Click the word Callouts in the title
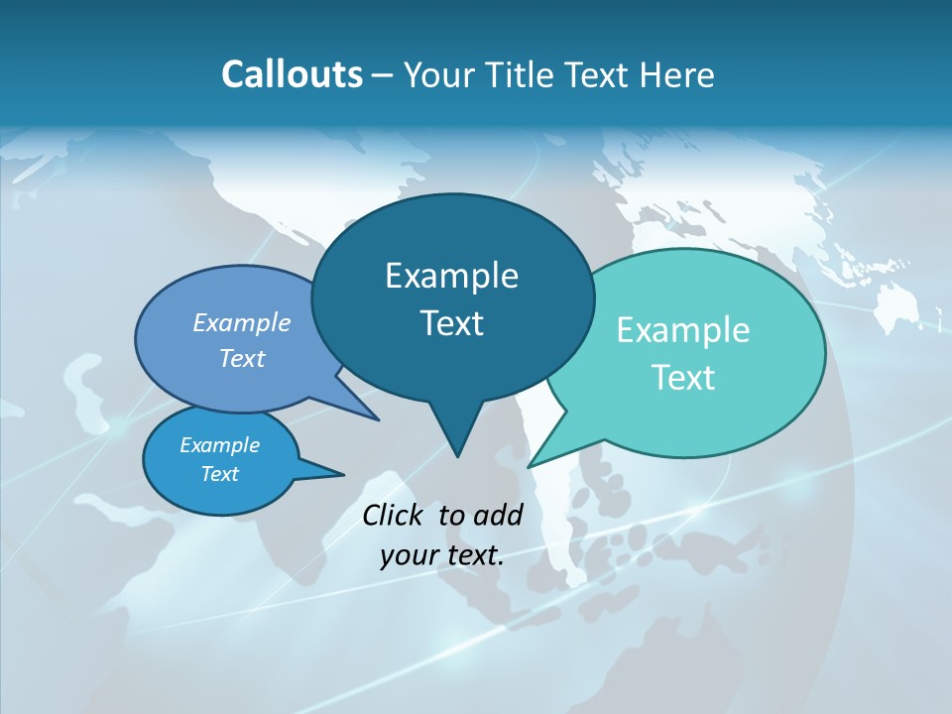tap(292, 74)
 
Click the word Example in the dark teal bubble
tap(451, 276)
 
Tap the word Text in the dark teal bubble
tap(451, 323)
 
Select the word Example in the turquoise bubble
tap(683, 330)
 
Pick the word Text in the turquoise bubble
tap(683, 378)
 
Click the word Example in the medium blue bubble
tap(242, 322)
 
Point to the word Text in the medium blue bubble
tap(242, 358)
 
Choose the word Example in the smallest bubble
tap(219, 445)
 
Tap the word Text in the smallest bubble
tap(219, 474)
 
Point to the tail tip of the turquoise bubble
tap(530, 466)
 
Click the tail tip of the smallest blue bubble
tap(342, 474)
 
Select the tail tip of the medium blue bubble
tap(377, 419)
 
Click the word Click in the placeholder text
tap(395, 515)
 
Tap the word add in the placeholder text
tap(498, 515)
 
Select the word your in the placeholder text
tap(409, 555)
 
